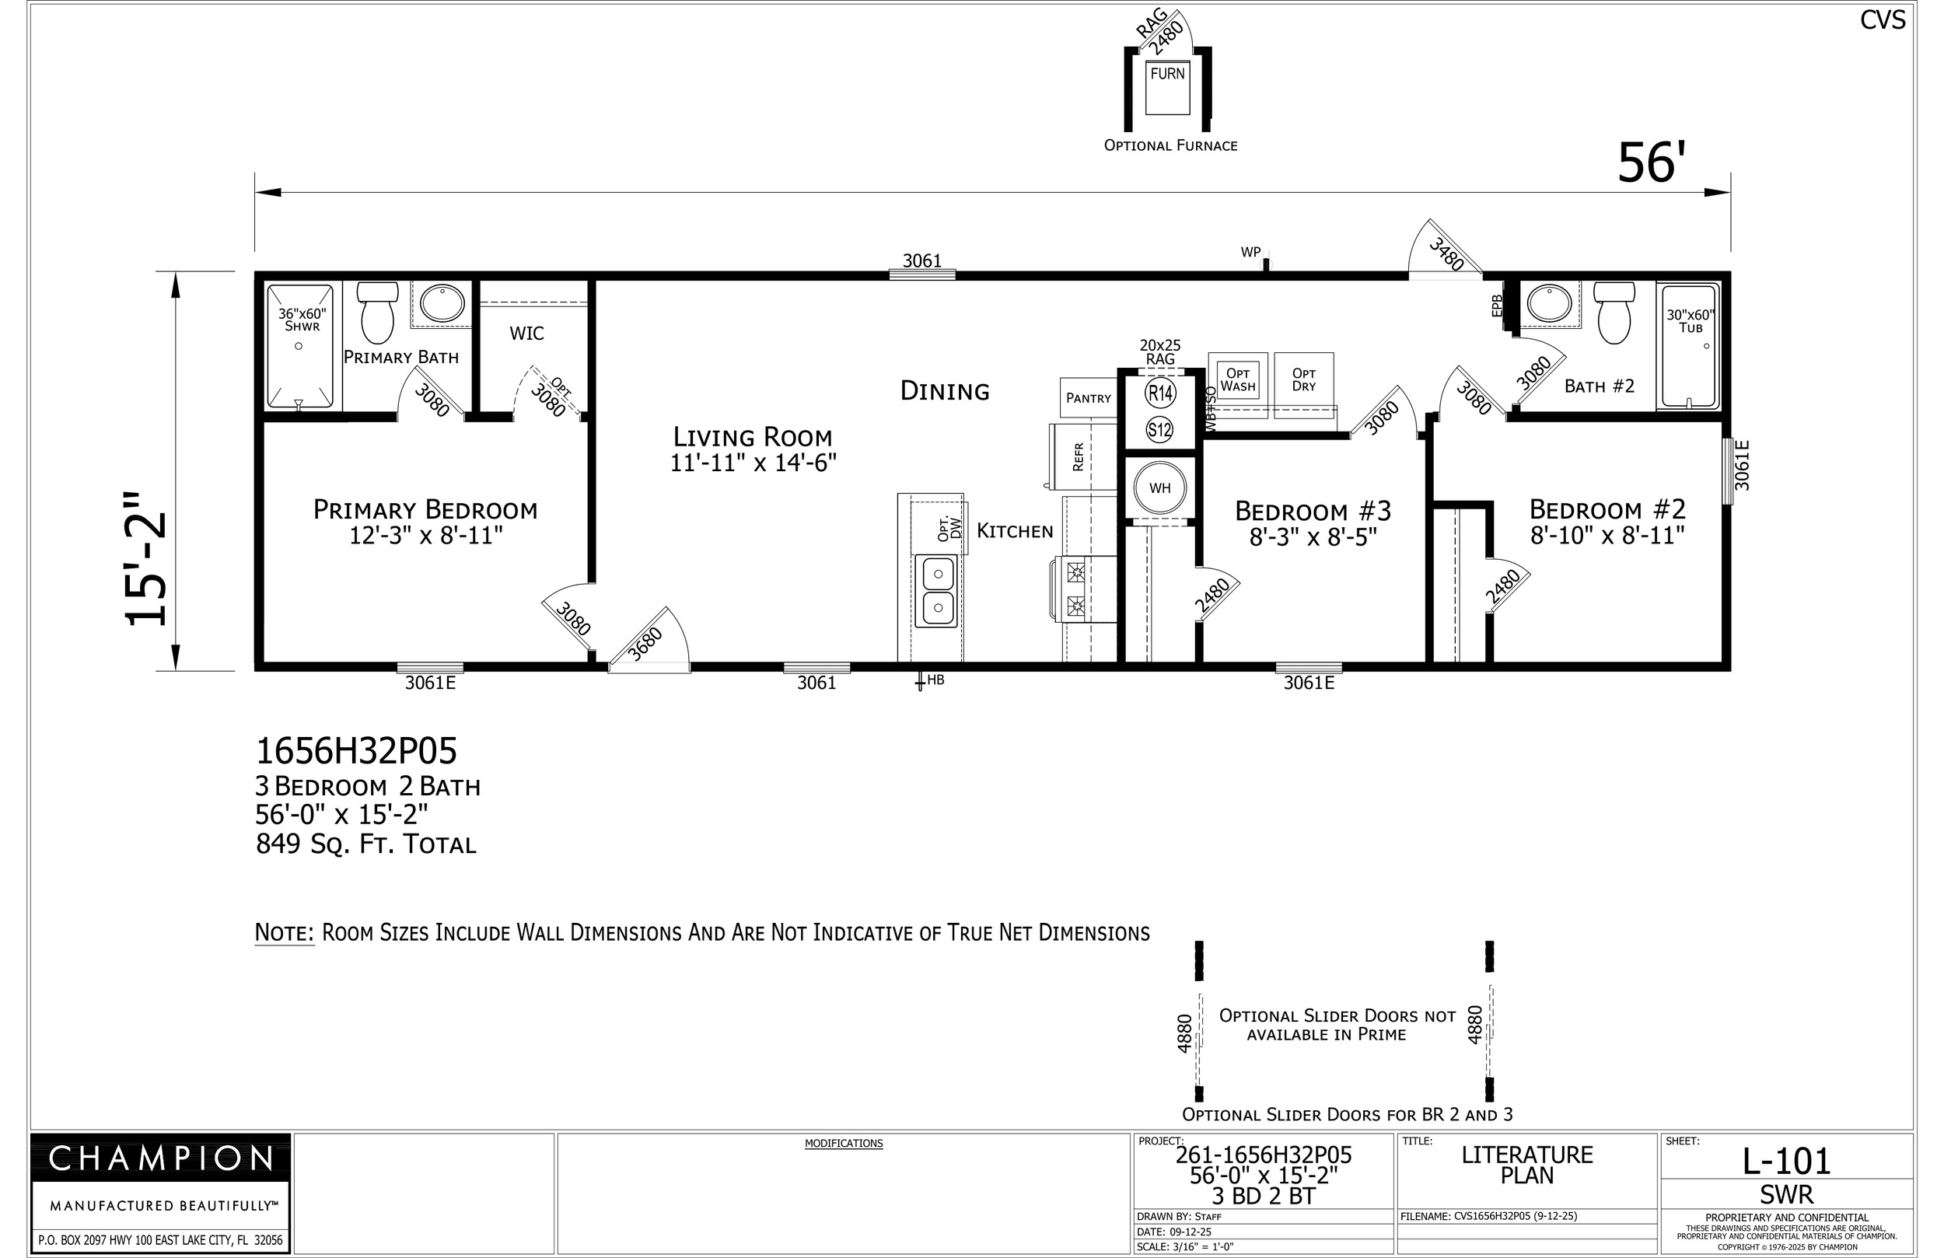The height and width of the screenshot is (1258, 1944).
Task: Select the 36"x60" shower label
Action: (x=302, y=320)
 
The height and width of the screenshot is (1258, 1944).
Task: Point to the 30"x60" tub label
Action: (x=1690, y=321)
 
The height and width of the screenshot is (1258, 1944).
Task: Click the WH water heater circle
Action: (x=1160, y=488)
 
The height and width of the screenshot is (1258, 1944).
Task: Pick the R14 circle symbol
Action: (x=1161, y=393)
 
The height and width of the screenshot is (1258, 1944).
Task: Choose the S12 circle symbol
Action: (x=1160, y=430)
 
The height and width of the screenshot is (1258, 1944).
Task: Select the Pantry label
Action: (x=1089, y=399)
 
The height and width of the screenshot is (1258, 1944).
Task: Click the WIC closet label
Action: (x=527, y=334)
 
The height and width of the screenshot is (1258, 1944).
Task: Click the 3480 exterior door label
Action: (x=1446, y=254)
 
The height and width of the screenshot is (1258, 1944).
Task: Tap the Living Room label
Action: (x=752, y=437)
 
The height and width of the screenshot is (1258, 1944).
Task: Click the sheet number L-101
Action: (x=1787, y=1161)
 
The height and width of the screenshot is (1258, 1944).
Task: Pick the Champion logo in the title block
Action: (x=160, y=1158)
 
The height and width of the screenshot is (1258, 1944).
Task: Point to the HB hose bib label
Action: (x=936, y=680)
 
